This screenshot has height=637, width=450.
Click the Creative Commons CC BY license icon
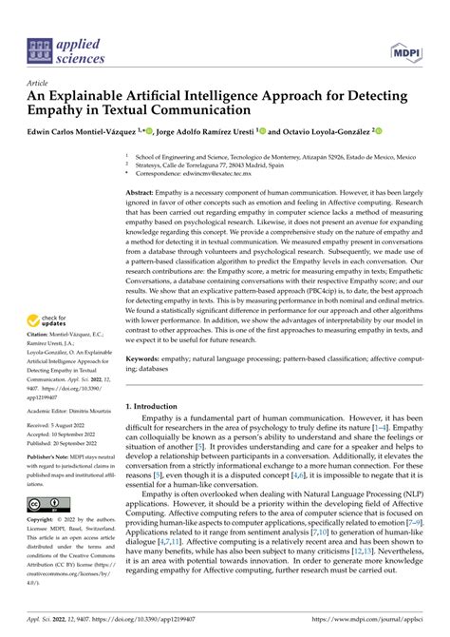[46, 503]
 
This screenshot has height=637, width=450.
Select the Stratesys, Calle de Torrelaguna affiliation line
[203, 164]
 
